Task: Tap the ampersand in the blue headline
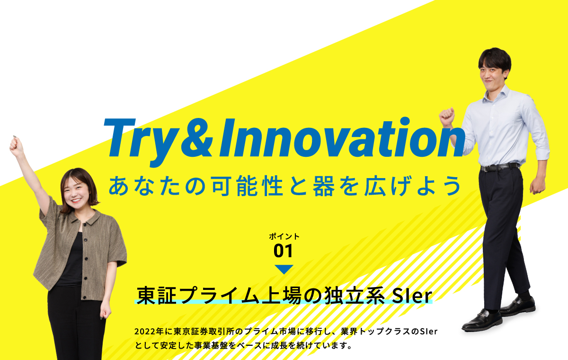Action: tap(196, 138)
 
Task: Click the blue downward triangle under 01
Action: tap(284, 269)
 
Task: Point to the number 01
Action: tap(283, 251)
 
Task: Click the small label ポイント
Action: tap(284, 236)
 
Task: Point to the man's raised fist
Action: tap(446, 117)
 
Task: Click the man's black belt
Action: tap(500, 167)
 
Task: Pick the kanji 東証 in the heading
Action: tap(156, 296)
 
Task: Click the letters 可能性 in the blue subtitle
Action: tap(247, 186)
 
